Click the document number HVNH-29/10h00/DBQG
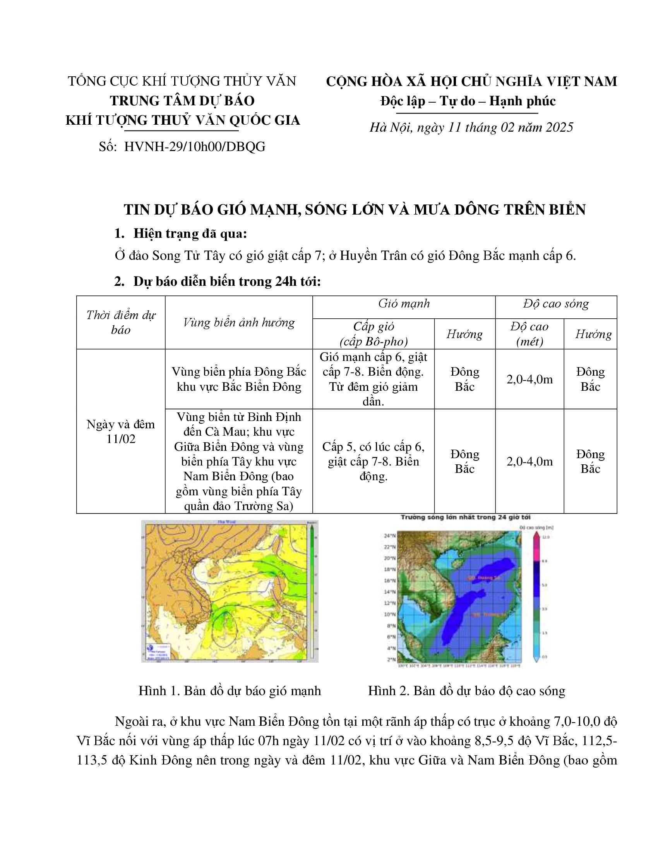coord(195,147)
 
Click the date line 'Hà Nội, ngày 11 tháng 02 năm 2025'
coord(471,127)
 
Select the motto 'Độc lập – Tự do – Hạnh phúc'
coord(468,101)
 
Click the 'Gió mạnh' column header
coord(404,304)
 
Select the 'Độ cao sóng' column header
coord(555,304)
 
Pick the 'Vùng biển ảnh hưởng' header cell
coord(238,323)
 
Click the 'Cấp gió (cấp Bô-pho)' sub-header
coord(374,334)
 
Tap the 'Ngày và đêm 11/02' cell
coord(121,431)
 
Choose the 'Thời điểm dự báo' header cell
coord(121,323)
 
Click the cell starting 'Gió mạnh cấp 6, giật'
coord(374,379)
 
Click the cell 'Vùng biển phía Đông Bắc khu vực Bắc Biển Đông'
coord(238,379)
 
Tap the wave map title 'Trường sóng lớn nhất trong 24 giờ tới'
coord(465,517)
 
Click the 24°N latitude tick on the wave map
coord(390,536)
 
